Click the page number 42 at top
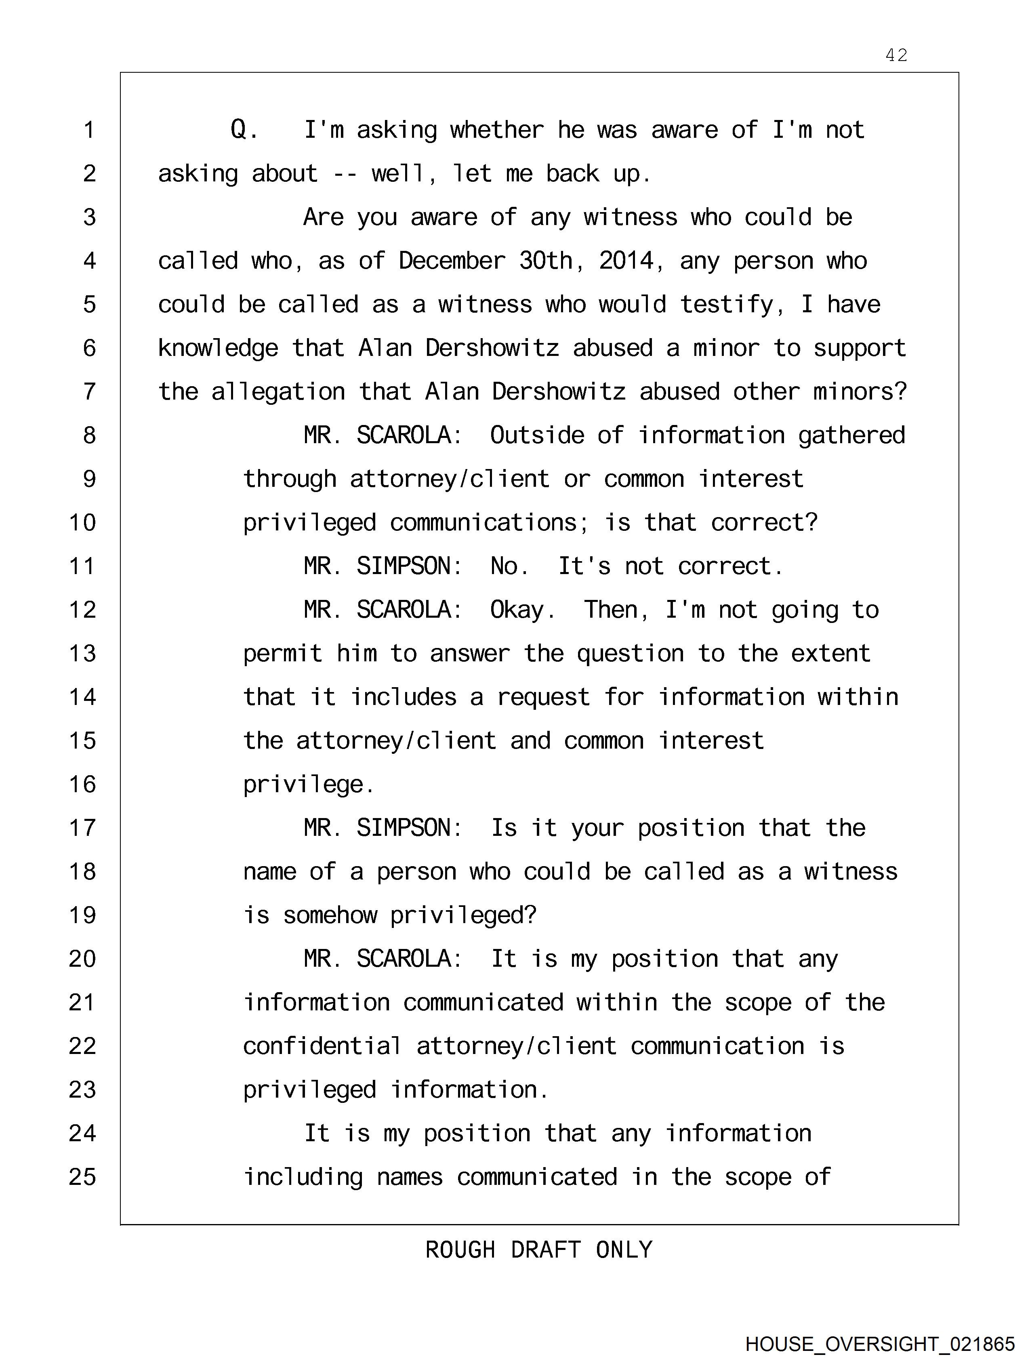(x=896, y=55)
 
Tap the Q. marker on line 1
(x=244, y=130)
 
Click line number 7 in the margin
(x=90, y=391)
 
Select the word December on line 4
(x=452, y=261)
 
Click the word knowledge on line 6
(x=218, y=348)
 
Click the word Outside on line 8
(x=536, y=435)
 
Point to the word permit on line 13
(x=282, y=653)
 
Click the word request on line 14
(x=543, y=697)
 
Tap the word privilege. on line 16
(x=309, y=785)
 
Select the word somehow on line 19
(x=330, y=915)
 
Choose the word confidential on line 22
(x=322, y=1046)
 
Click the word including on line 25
(x=303, y=1177)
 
